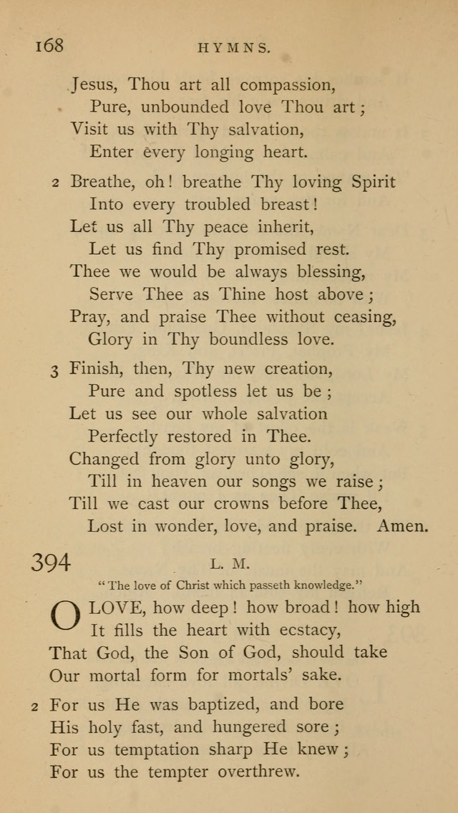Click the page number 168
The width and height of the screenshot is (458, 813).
point(49,46)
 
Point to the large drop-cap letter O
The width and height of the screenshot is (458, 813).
point(64,617)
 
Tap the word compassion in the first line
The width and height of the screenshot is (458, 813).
point(289,86)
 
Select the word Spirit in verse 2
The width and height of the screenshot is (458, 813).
point(373,182)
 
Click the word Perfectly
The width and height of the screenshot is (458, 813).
point(124,437)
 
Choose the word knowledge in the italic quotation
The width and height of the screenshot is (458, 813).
point(324,585)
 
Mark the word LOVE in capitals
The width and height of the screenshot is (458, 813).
point(117,609)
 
